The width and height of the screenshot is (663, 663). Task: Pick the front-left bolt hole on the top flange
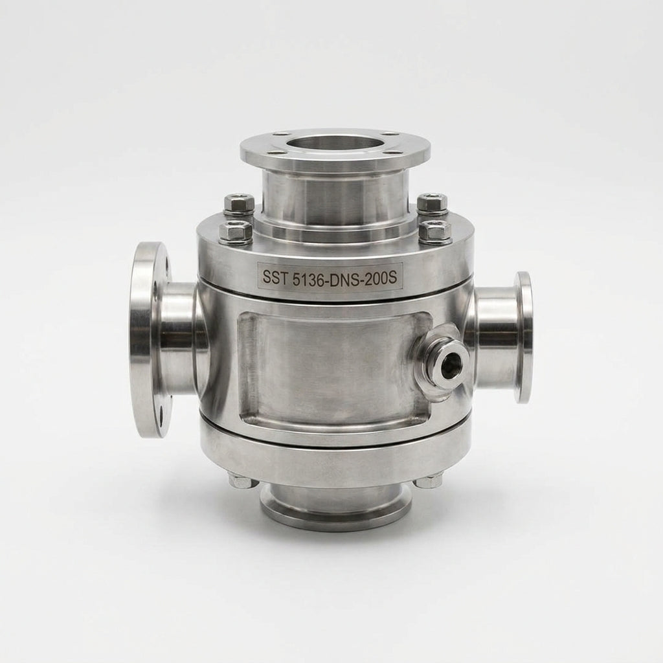pos(280,150)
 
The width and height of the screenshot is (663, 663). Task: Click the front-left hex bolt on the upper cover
pos(236,232)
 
